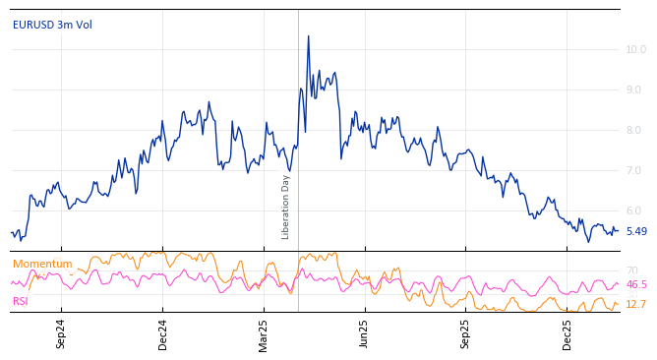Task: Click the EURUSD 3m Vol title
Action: pyautogui.click(x=52, y=25)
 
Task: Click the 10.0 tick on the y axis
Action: pyautogui.click(x=635, y=49)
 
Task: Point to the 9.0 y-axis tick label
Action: pyautogui.click(x=635, y=90)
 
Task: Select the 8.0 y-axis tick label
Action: pyautogui.click(x=635, y=130)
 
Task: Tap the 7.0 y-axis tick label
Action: pyautogui.click(x=635, y=170)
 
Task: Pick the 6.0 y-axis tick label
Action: pyautogui.click(x=635, y=210)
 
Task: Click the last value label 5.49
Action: pyautogui.click(x=636, y=232)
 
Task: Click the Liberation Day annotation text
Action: pyautogui.click(x=286, y=207)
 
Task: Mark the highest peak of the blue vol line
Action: pyautogui.click(x=308, y=36)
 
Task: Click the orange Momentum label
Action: pyautogui.click(x=42, y=264)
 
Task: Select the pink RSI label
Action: pyautogui.click(x=20, y=301)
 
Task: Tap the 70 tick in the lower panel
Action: pyautogui.click(x=631, y=270)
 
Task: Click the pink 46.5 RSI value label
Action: pyautogui.click(x=636, y=284)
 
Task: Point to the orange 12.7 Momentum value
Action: pyautogui.click(x=635, y=305)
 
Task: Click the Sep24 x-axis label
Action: pyautogui.click(x=61, y=334)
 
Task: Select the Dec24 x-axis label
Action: pyautogui.click(x=163, y=334)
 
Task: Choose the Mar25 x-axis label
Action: pyautogui.click(x=264, y=334)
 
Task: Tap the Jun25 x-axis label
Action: pyautogui.click(x=364, y=334)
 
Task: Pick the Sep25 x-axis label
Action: pyautogui.click(x=466, y=334)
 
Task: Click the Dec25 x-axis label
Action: pyautogui.click(x=567, y=334)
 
